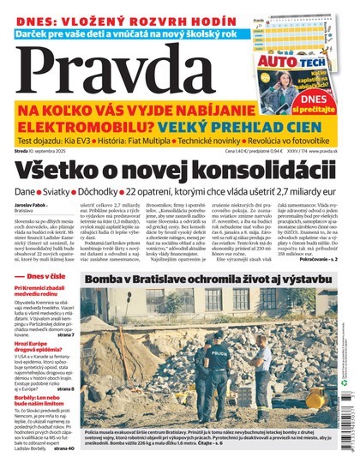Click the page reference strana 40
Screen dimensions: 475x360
pyautogui.click(x=63, y=471)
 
